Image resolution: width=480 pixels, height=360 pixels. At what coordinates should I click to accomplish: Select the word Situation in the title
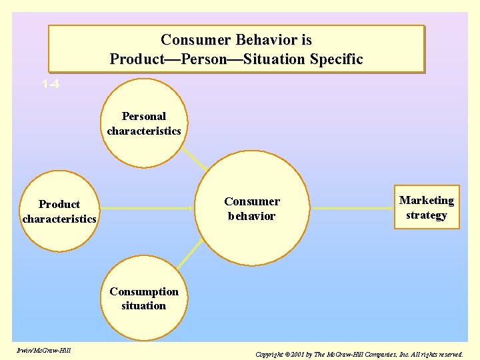[x=274, y=59]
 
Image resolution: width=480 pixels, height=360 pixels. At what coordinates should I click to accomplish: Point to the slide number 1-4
[x=50, y=85]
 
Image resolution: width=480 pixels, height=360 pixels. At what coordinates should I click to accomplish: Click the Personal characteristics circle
[x=144, y=123]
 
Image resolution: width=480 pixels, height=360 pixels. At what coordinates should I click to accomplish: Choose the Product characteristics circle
[x=59, y=211]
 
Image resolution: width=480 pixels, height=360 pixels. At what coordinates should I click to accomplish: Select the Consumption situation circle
[x=144, y=299]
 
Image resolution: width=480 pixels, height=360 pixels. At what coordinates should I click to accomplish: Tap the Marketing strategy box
[x=427, y=207]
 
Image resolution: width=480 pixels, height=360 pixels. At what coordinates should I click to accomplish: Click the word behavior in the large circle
[x=251, y=216]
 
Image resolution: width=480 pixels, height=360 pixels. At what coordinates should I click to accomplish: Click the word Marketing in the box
[x=427, y=200]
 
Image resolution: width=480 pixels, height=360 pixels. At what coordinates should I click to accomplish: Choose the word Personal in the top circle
[x=144, y=116]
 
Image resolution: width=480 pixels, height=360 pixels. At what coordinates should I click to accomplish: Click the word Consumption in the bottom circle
[x=144, y=291]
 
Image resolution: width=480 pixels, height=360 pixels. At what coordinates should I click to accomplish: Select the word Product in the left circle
[x=59, y=204]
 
